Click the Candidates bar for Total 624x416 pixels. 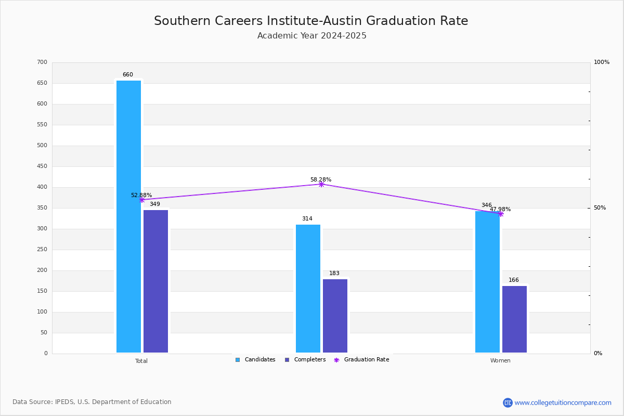click(x=128, y=216)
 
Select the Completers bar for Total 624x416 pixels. click(x=155, y=281)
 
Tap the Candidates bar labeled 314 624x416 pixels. click(x=308, y=289)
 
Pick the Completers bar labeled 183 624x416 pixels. click(x=335, y=316)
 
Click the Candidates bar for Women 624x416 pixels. click(x=487, y=282)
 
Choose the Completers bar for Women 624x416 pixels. click(x=514, y=319)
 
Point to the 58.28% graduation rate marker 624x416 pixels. click(x=321, y=184)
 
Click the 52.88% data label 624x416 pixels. click(x=141, y=196)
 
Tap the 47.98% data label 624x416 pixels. click(x=500, y=210)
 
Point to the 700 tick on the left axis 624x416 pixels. click(x=42, y=62)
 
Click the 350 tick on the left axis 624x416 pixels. click(x=42, y=208)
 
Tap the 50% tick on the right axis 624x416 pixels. click(x=600, y=208)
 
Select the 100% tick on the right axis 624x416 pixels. click(x=601, y=62)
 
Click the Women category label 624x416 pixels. click(x=500, y=361)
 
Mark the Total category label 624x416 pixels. click(x=141, y=361)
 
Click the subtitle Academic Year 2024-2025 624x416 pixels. click(x=312, y=36)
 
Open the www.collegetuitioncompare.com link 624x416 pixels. click(x=563, y=402)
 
